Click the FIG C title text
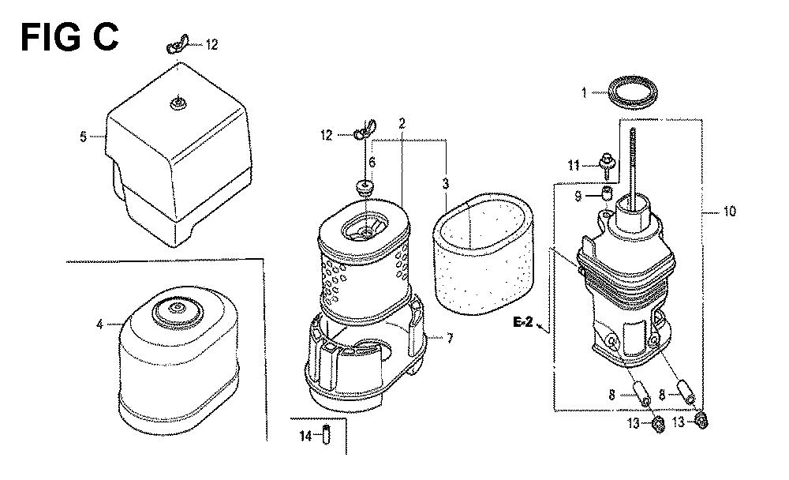click(x=69, y=37)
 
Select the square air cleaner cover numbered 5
click(x=178, y=154)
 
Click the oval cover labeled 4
click(x=178, y=361)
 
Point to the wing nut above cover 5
click(x=177, y=44)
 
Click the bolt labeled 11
click(x=606, y=166)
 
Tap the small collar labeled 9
click(x=608, y=193)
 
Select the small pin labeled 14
click(x=326, y=435)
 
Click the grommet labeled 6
click(x=365, y=187)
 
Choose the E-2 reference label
click(x=523, y=322)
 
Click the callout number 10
click(x=729, y=211)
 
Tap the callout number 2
click(x=402, y=123)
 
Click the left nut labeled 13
click(x=656, y=425)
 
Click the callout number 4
click(x=99, y=325)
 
